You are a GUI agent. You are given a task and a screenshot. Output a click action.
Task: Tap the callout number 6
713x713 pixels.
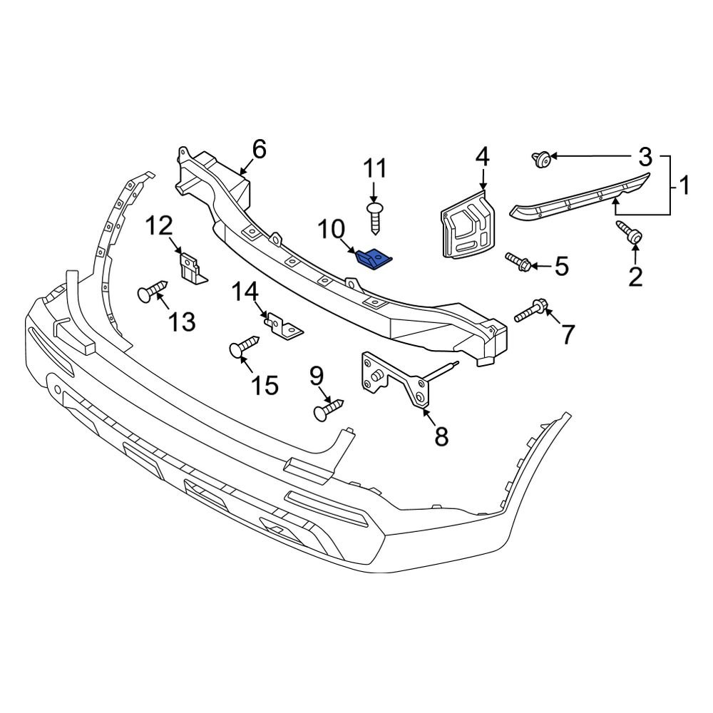[258, 150]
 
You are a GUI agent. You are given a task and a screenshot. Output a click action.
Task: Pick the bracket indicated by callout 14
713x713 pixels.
[284, 328]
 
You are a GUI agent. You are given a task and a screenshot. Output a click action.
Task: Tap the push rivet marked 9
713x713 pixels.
[328, 409]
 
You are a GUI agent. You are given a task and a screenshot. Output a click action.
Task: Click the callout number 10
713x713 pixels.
[331, 230]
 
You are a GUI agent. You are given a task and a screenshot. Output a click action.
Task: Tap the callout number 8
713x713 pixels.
[441, 436]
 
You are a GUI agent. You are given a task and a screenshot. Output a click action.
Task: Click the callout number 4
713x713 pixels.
[483, 155]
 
